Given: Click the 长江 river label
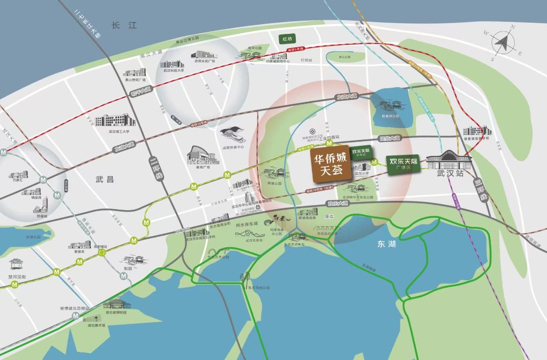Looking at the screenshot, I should [125, 25].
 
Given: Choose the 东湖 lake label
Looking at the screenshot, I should [384, 244].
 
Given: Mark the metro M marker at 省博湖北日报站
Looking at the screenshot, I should [75, 315].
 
